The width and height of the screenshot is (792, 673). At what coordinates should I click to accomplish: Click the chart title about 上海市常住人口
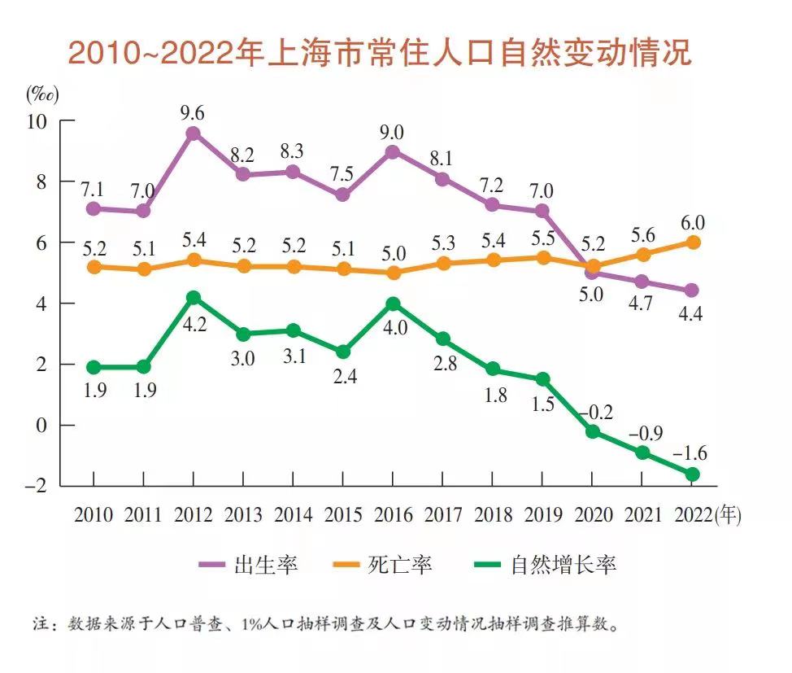tap(380, 53)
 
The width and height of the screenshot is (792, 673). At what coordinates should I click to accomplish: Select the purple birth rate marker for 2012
tap(194, 133)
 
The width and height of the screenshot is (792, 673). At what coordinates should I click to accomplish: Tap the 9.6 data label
tap(194, 111)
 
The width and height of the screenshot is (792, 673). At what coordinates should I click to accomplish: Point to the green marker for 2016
tap(392, 304)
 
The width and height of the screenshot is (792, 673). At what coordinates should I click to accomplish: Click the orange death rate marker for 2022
tap(692, 242)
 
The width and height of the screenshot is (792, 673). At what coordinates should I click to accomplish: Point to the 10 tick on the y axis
tap(39, 120)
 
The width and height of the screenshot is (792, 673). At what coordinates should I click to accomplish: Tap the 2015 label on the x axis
tap(342, 515)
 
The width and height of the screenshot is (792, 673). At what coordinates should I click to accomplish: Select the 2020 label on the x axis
tap(594, 515)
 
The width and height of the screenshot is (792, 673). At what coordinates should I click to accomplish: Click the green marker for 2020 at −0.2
tap(593, 431)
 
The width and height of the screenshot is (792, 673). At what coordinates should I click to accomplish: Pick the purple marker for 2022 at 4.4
tap(692, 291)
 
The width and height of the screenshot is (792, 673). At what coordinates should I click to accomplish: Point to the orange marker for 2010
tap(94, 266)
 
